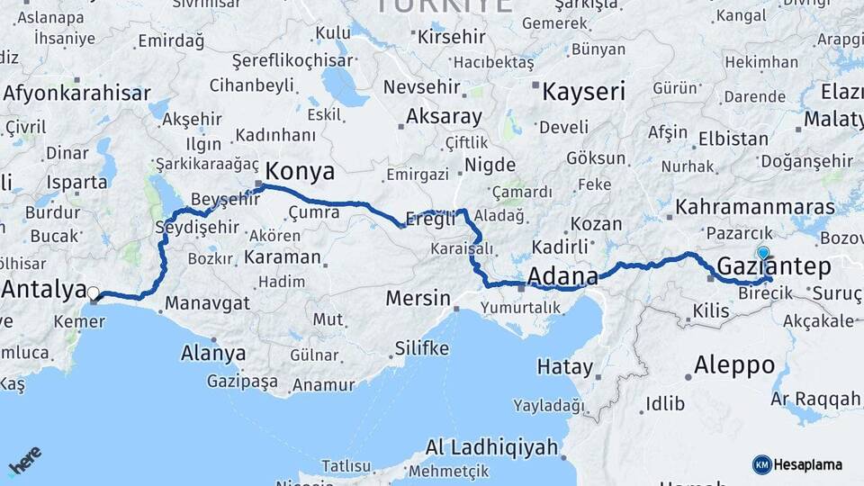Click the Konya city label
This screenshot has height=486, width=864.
301,171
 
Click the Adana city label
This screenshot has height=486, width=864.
563,275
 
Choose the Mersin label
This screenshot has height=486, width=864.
417,297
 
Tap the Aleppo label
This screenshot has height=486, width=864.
734,364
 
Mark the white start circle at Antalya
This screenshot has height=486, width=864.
93,292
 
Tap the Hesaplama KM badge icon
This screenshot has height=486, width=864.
761,464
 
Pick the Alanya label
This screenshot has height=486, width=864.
213,353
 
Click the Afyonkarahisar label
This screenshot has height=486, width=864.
76,93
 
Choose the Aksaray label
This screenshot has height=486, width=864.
444,116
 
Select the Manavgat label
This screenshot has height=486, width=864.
207,302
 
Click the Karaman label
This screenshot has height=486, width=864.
281,256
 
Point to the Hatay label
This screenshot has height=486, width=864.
565,366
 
